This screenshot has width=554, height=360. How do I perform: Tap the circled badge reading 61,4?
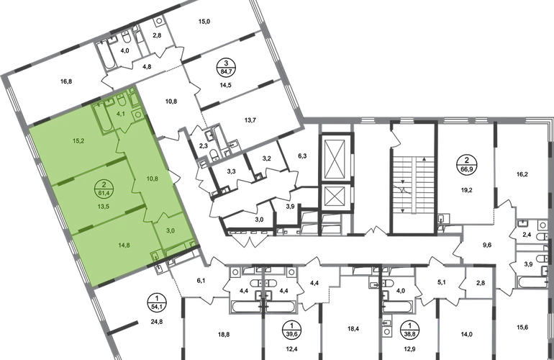[104, 189]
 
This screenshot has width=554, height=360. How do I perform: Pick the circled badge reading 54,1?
[157, 304]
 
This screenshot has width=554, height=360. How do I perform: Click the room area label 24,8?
[156, 322]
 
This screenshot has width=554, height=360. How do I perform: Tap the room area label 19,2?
[466, 190]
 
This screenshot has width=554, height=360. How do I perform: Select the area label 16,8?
[66, 81]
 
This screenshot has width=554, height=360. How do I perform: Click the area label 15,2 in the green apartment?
[78, 141]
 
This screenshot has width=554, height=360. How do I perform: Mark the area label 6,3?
[302, 156]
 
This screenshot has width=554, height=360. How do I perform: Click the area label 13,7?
[250, 120]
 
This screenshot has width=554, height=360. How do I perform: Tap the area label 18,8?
[224, 334]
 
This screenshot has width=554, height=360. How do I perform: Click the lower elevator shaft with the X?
[335, 197]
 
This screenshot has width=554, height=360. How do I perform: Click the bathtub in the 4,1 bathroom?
[104, 118]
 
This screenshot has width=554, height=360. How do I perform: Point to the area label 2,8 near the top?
[157, 35]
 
